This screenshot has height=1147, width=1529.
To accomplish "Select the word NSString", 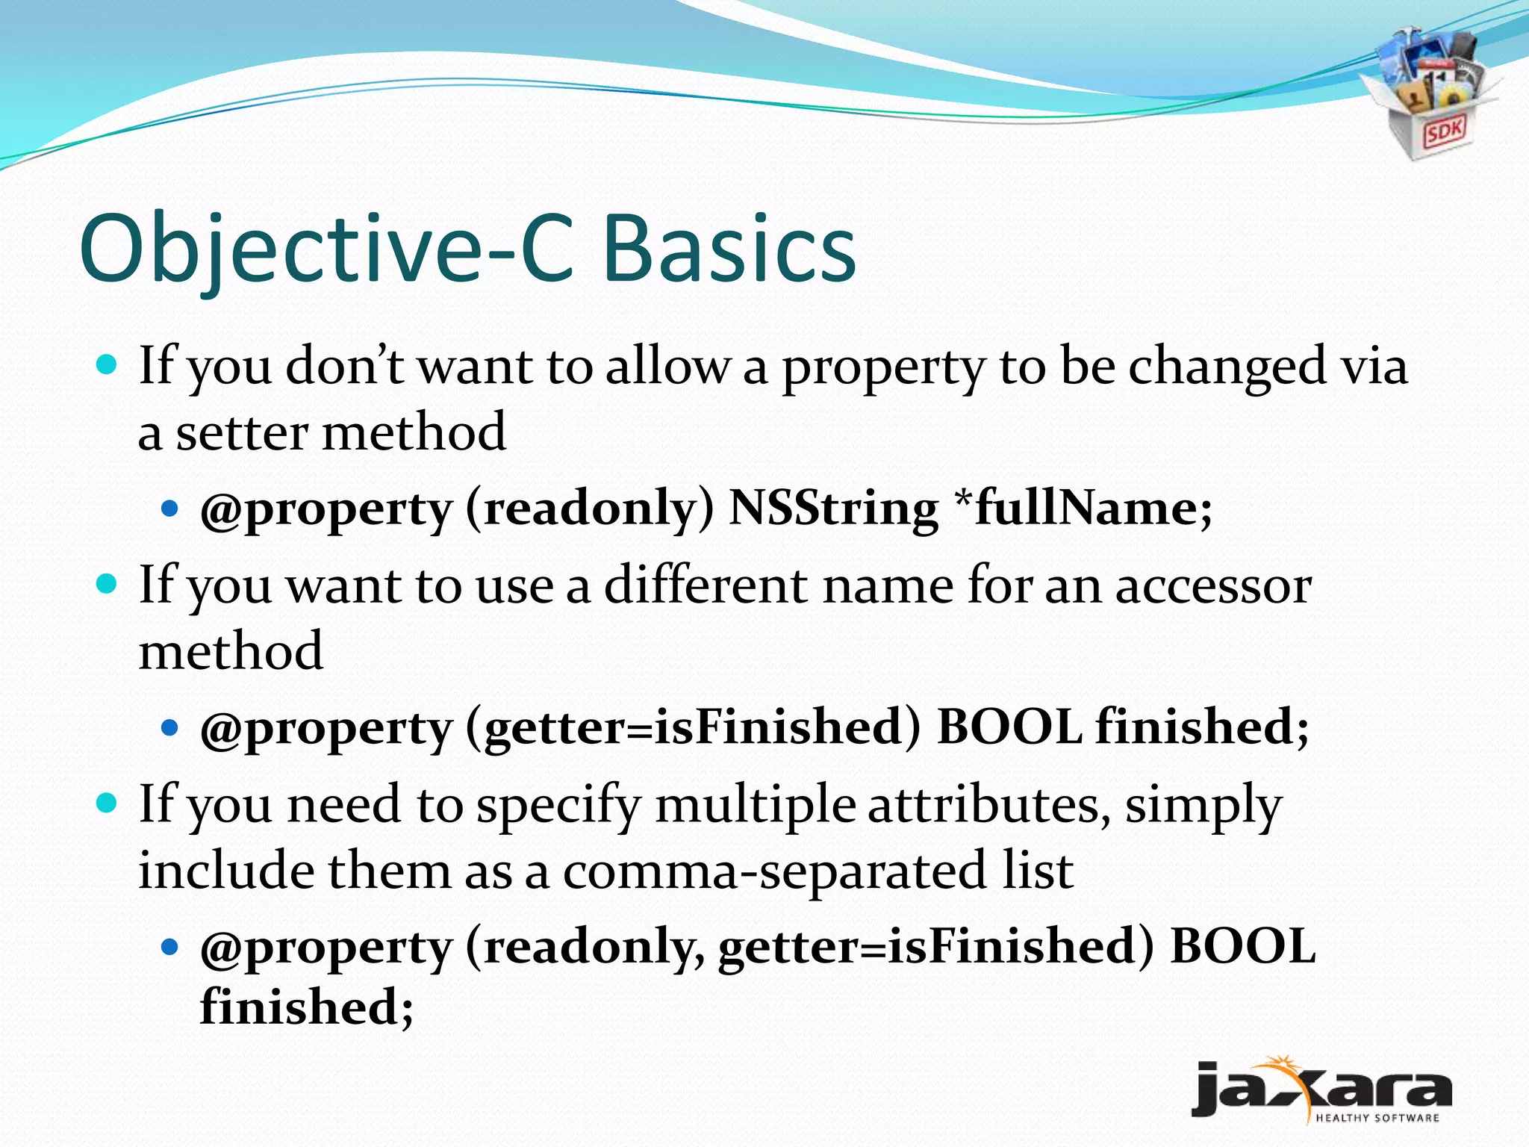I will pyautogui.click(x=832, y=509).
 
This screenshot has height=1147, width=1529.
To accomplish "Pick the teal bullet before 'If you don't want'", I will pyautogui.click(x=108, y=365).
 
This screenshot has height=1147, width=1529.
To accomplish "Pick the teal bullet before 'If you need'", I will pyautogui.click(x=108, y=803).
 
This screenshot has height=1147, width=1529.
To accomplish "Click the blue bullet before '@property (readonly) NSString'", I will pyautogui.click(x=170, y=509).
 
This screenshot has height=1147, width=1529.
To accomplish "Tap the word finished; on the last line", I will pyautogui.click(x=306, y=1007).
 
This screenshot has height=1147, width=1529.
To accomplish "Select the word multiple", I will pyautogui.click(x=756, y=805).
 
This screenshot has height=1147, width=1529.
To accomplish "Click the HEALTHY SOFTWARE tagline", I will pyautogui.click(x=1377, y=1118).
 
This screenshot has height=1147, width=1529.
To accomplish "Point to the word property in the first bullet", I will pyautogui.click(x=882, y=368).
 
